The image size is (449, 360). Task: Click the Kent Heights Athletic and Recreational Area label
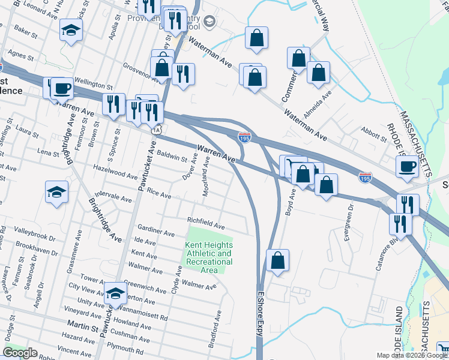[x=208, y=258]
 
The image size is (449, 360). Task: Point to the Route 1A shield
[x=157, y=130]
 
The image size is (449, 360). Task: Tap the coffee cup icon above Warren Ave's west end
[x=62, y=89]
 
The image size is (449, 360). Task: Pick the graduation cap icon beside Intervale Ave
[x=56, y=192]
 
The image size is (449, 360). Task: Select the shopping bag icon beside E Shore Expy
[x=277, y=260]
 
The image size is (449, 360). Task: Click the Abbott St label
[x=375, y=134]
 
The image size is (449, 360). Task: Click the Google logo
[x=20, y=353]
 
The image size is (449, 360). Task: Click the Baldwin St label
[x=173, y=157]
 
